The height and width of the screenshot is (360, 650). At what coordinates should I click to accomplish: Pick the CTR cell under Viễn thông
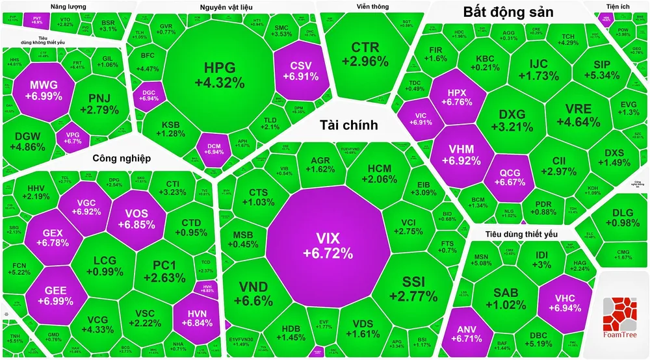click(x=369, y=55)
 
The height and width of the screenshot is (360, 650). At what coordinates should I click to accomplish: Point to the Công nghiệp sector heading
click(x=122, y=158)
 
